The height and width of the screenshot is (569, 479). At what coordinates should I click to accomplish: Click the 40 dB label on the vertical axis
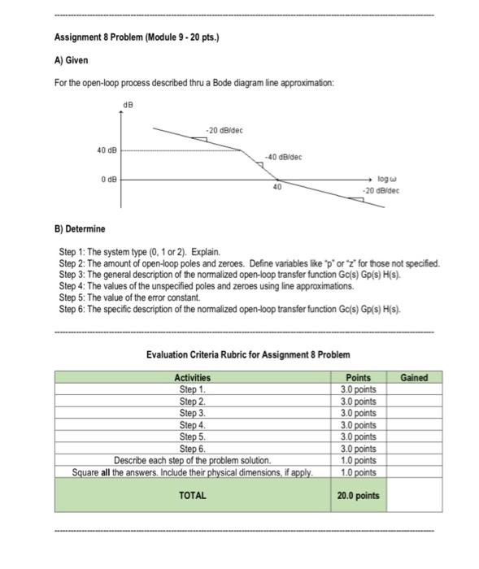tap(107, 150)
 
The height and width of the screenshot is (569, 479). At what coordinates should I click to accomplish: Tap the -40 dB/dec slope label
tap(284, 157)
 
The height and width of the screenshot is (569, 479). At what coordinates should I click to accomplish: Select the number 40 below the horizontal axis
tap(277, 187)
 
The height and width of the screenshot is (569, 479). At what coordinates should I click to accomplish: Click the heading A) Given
tap(71, 60)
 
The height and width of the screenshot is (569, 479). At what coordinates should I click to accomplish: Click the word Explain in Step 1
tap(205, 254)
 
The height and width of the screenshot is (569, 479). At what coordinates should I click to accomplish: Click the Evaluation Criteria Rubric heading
tap(248, 354)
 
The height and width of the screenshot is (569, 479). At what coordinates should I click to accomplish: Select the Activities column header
tap(192, 377)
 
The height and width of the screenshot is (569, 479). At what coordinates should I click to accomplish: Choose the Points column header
tap(358, 377)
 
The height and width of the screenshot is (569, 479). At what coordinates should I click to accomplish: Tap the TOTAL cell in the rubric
tap(192, 495)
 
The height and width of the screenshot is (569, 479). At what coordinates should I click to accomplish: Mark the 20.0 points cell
tap(358, 495)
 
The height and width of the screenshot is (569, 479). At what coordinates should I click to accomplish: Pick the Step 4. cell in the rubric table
tap(192, 424)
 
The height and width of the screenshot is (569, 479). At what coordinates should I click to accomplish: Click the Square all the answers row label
tap(192, 471)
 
